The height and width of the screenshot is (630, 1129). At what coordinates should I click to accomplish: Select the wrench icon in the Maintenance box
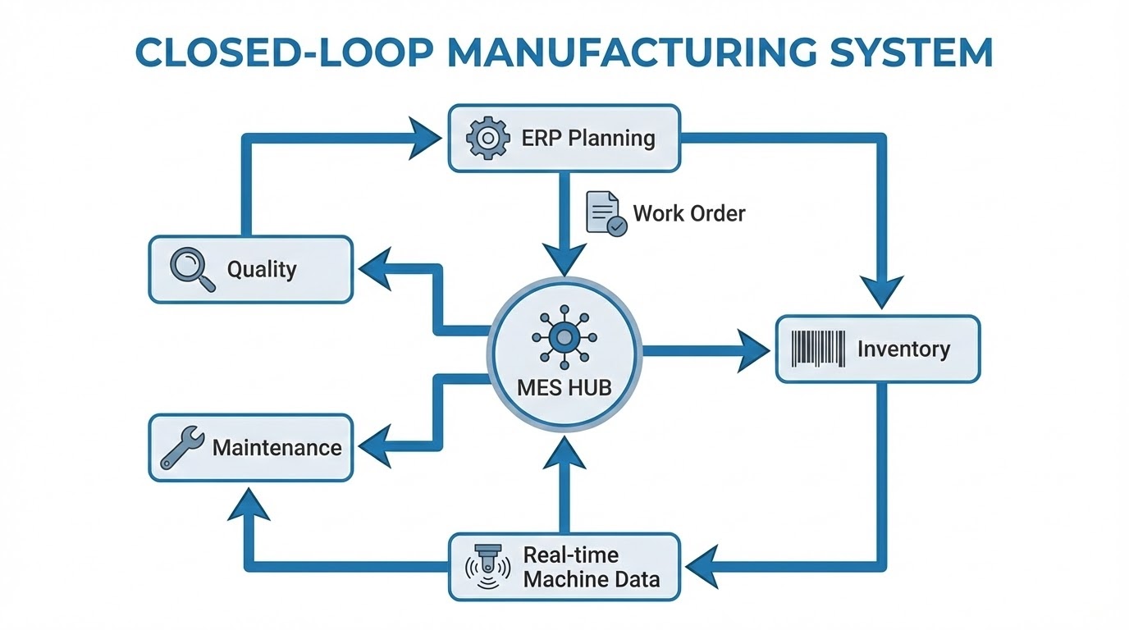tap(182, 448)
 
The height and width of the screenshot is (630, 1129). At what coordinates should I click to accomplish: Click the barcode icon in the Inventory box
tap(818, 349)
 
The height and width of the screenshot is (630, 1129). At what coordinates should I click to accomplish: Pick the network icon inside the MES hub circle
tap(564, 337)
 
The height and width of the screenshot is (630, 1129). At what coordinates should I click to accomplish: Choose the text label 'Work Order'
tap(689, 214)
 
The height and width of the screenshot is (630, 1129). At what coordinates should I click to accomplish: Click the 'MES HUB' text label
tap(564, 387)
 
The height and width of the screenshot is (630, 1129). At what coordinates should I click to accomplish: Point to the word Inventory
tap(903, 349)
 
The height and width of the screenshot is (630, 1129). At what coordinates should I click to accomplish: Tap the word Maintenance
tap(277, 448)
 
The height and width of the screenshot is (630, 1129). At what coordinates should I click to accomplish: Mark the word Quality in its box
tap(262, 270)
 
